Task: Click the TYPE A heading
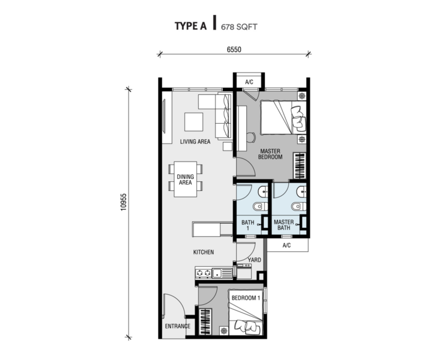190,26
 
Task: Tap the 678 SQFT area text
239,27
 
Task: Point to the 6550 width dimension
234,49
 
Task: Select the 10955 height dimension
123,202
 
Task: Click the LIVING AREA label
195,142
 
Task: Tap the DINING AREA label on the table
186,179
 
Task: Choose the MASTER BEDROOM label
270,154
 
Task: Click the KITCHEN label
204,252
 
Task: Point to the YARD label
254,260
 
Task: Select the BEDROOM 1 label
246,298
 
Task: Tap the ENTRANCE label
178,326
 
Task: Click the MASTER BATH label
284,225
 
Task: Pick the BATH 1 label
247,225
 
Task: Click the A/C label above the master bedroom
249,82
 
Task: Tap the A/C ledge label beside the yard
286,245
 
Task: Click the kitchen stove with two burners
203,273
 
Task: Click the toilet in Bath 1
260,206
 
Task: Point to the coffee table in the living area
194,122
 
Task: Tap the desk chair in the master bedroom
250,137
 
